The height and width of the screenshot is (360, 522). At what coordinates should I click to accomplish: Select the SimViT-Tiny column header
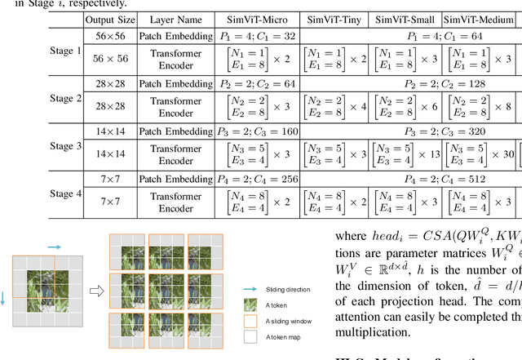pos(334,18)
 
